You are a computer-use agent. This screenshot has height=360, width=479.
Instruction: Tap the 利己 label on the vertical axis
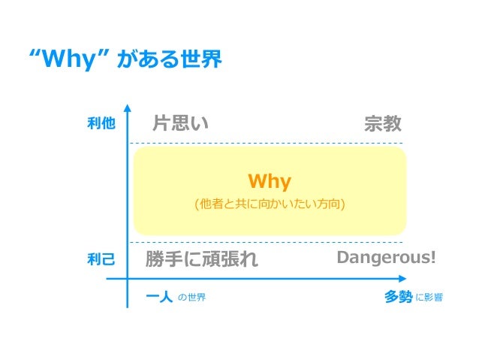(x=101, y=260)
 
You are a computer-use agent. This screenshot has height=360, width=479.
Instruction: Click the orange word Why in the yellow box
(x=270, y=181)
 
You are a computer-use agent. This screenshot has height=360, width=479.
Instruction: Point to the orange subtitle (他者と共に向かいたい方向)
(x=270, y=203)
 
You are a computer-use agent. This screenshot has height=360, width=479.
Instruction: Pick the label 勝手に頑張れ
(x=201, y=260)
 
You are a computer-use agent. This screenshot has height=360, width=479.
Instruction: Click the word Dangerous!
(x=386, y=259)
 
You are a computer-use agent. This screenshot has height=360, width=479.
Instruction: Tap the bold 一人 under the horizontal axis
(x=158, y=297)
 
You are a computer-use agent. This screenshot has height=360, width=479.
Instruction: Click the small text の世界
(x=191, y=298)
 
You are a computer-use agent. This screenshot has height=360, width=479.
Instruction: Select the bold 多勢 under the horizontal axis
(x=398, y=297)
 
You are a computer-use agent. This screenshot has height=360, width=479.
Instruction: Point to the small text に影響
(x=429, y=298)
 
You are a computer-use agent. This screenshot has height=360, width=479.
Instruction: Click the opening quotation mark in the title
(x=32, y=55)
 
